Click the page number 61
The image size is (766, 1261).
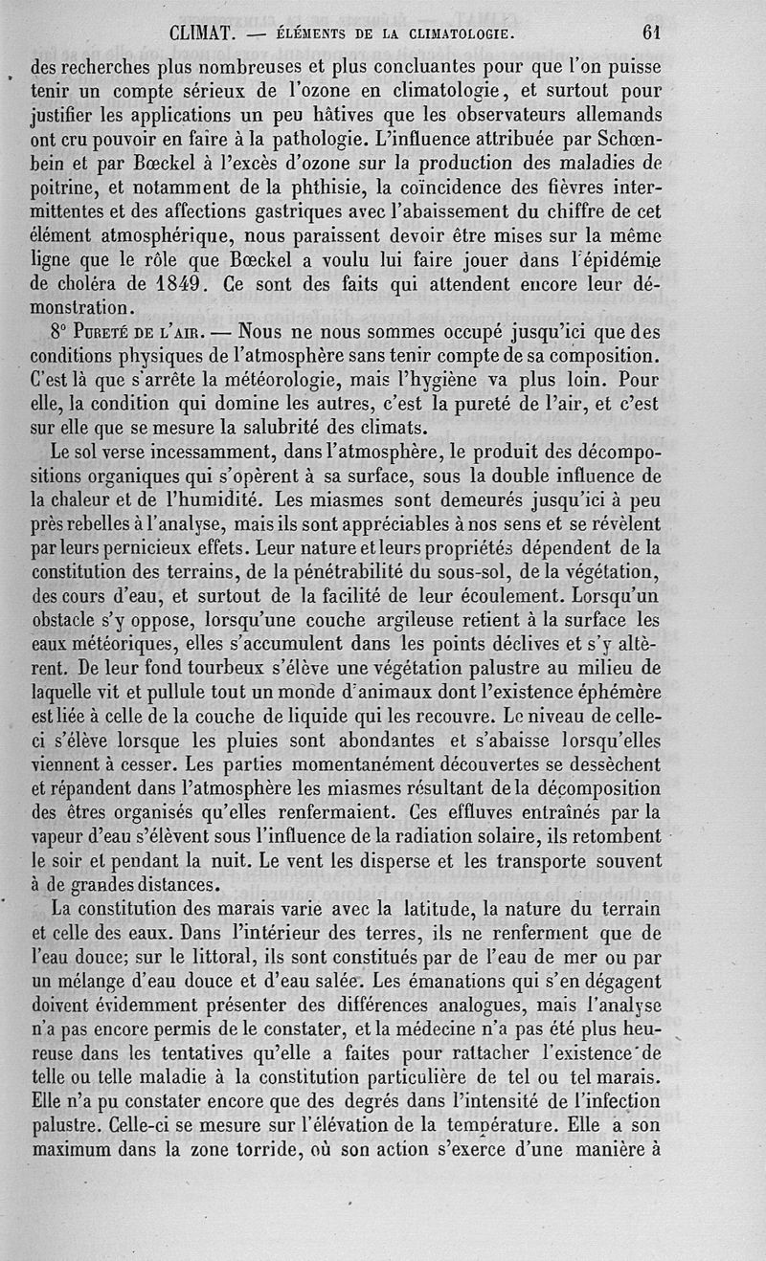pyautogui.click(x=652, y=33)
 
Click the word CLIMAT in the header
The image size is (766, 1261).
pyautogui.click(x=203, y=33)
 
